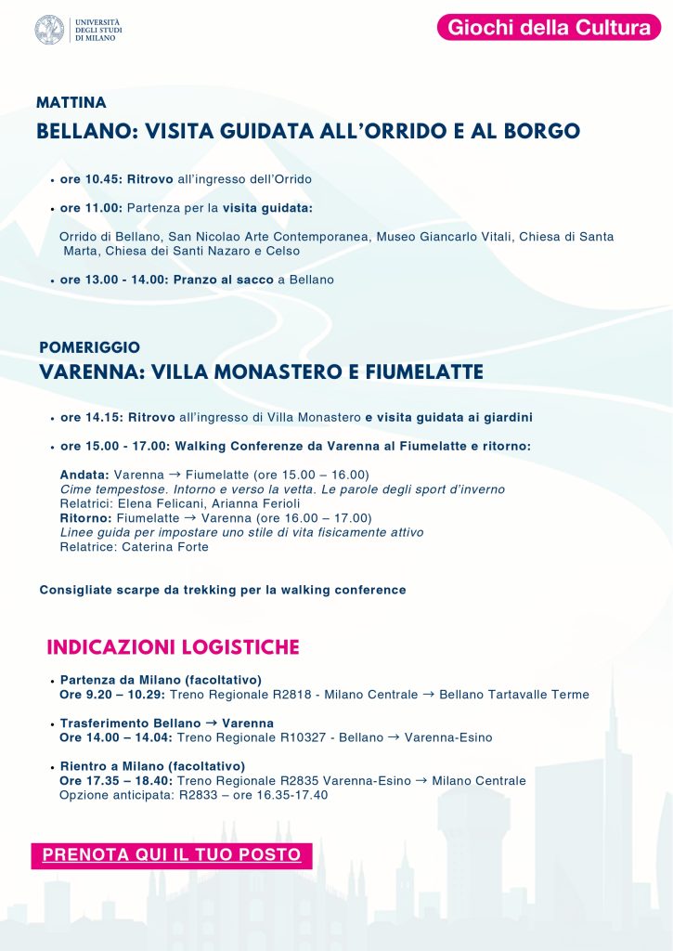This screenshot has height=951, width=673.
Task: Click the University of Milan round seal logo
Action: tap(49, 29)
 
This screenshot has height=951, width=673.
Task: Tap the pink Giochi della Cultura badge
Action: tap(549, 28)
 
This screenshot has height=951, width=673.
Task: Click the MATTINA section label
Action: tap(71, 102)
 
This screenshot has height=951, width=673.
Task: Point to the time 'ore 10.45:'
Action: tap(91, 179)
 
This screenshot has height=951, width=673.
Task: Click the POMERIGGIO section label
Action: tap(90, 347)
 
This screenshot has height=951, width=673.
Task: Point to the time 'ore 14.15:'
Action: tap(92, 417)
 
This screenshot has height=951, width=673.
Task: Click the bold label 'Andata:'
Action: tap(84, 475)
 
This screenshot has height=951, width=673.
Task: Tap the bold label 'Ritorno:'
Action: tap(86, 518)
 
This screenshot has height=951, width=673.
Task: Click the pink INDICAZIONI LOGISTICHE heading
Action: tap(173, 646)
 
